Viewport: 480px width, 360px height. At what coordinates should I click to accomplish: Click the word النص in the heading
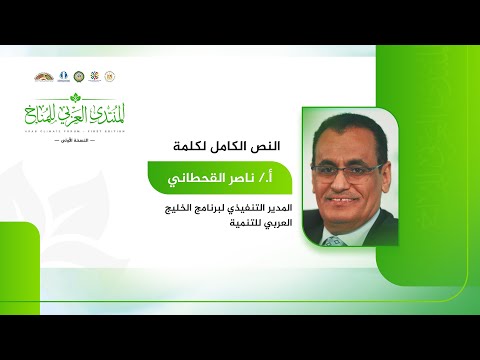tap(265, 146)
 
